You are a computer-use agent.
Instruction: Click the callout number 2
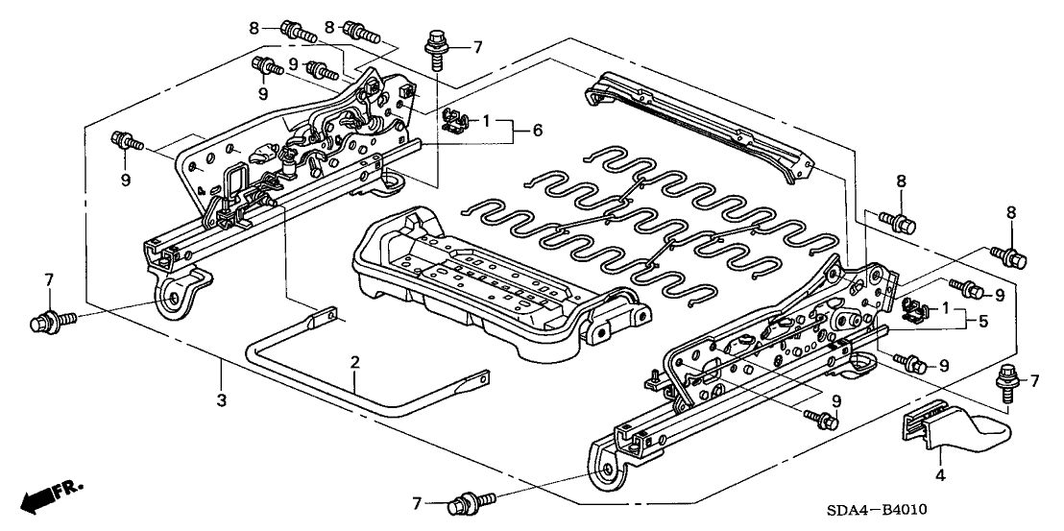tap(354, 362)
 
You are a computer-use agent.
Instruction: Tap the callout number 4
tap(940, 474)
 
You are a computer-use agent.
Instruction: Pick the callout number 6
tap(537, 130)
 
